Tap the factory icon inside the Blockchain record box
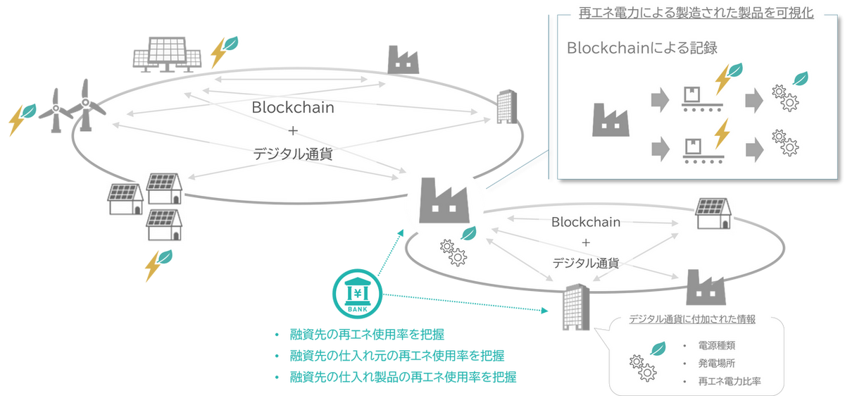pos(610,120)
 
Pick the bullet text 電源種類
pos(717,346)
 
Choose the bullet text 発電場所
pos(717,364)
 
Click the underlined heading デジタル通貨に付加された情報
pos(691,318)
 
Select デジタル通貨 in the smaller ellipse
pos(586,264)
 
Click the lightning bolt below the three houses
pos(154,266)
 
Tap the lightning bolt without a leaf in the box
pos(721,134)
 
